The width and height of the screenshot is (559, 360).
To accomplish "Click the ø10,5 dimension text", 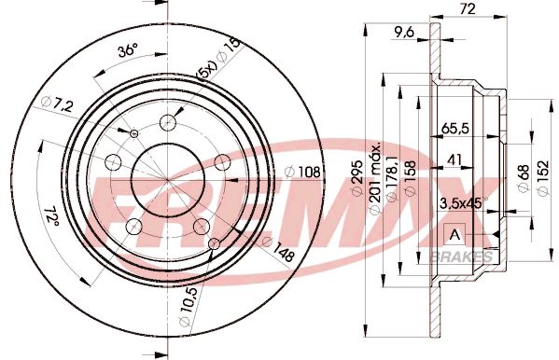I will (x=190, y=308).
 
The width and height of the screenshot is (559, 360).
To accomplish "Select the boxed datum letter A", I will (x=455, y=234).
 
